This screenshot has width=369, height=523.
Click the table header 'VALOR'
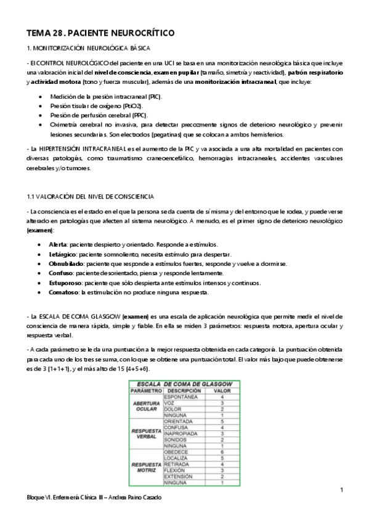pyautogui.click(x=221, y=390)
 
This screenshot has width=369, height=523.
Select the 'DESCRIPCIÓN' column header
pyautogui.click(x=184, y=390)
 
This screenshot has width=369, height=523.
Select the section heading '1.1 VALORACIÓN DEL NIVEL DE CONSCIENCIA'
pyautogui.click(x=90, y=196)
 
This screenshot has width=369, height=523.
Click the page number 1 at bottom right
pyautogui.click(x=341, y=490)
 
